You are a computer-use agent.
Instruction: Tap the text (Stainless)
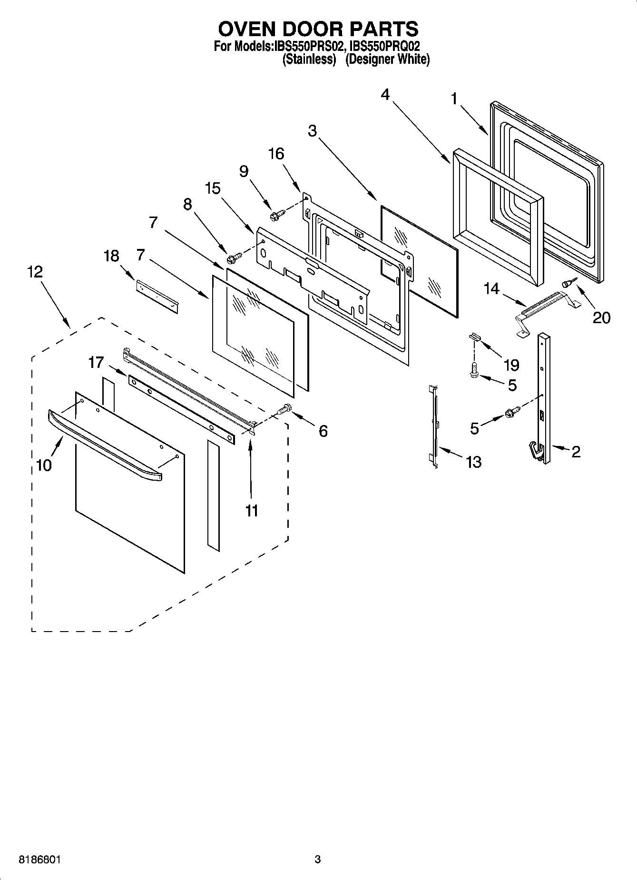(x=309, y=59)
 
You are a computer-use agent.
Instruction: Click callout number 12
(x=35, y=272)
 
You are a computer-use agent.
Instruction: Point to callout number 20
(x=601, y=317)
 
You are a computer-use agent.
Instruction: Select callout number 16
(x=276, y=154)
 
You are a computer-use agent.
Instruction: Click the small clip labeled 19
(x=474, y=336)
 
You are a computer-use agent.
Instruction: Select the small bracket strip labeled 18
(x=157, y=296)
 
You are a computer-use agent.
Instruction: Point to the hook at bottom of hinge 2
(x=537, y=451)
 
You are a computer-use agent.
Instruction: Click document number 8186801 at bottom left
(x=39, y=859)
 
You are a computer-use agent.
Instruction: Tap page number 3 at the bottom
(x=318, y=859)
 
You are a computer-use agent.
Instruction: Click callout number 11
(x=252, y=511)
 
